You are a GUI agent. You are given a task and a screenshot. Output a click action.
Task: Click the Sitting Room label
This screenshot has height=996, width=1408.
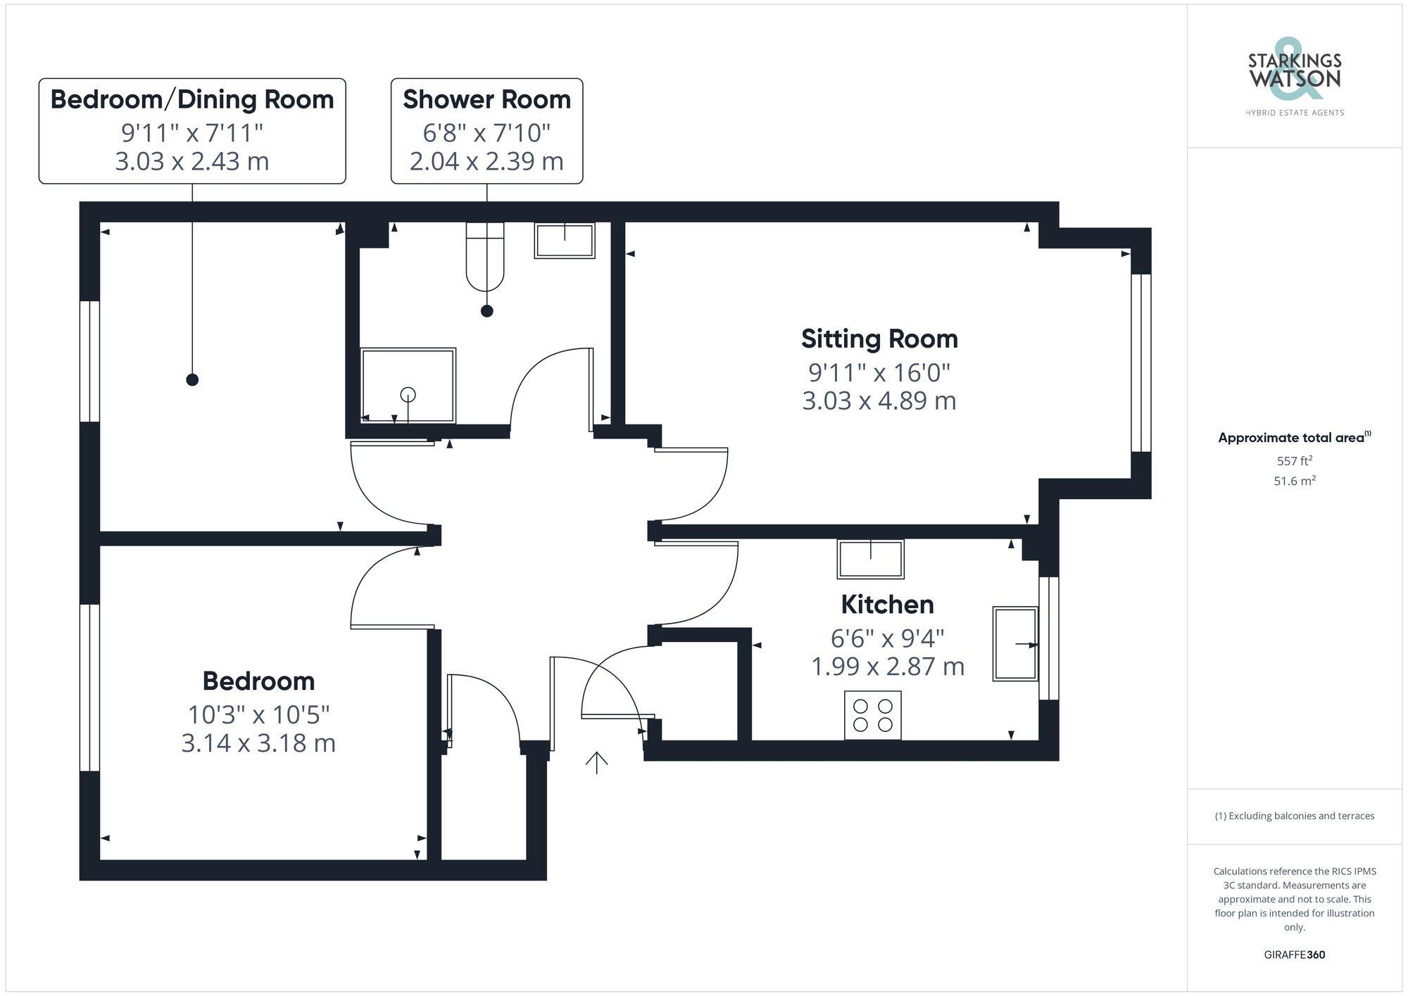pyautogui.click(x=879, y=339)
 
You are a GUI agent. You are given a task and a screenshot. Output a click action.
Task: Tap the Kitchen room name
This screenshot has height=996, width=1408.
pyautogui.click(x=887, y=605)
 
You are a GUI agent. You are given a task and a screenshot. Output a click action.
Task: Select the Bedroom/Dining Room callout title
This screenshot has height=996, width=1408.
pyautogui.click(x=192, y=100)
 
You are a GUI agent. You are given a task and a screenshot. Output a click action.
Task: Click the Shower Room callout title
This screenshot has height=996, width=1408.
pyautogui.click(x=486, y=100)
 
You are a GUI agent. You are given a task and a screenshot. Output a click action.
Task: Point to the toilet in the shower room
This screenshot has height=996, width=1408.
pyautogui.click(x=485, y=257)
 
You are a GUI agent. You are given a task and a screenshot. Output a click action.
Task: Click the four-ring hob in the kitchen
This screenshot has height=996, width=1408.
pyautogui.click(x=873, y=715)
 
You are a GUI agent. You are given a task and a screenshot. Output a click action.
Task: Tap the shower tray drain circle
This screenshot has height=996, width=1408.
pyautogui.click(x=408, y=395)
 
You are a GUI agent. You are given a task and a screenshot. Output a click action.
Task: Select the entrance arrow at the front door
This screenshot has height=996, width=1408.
pyautogui.click(x=597, y=762)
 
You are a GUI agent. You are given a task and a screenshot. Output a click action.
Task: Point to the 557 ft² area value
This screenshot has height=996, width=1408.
pyautogui.click(x=1294, y=461)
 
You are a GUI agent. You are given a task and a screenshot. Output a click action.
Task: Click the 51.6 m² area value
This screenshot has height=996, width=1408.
pyautogui.click(x=1294, y=481)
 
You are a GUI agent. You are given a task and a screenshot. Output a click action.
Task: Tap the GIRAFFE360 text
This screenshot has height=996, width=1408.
pyautogui.click(x=1294, y=955)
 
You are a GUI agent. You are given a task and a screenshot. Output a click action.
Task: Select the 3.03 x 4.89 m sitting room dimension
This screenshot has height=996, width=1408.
pyautogui.click(x=879, y=401)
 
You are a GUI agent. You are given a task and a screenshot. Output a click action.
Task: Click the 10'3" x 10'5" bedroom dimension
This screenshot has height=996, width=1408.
pyautogui.click(x=258, y=714)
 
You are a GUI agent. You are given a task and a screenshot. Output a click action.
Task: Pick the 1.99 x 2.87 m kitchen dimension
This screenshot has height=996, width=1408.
pyautogui.click(x=887, y=666)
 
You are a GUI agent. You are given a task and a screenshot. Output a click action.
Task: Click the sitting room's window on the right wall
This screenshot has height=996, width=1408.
pyautogui.click(x=1140, y=363)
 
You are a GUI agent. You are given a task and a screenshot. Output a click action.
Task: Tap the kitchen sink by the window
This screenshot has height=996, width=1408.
pyautogui.click(x=1015, y=643)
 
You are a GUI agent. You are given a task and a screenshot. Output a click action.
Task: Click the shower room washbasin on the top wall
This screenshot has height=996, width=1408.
pyautogui.click(x=565, y=241)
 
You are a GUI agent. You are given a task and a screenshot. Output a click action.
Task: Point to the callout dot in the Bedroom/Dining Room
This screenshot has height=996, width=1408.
pyautogui.click(x=192, y=380)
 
